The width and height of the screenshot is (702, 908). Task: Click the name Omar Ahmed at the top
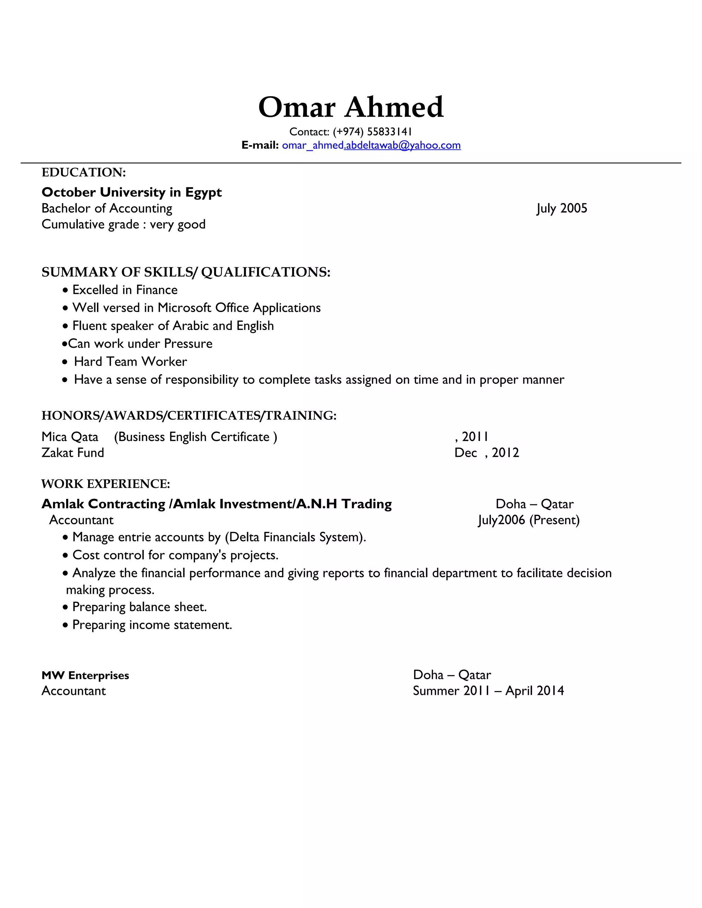[x=351, y=107]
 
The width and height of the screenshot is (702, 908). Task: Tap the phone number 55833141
[x=389, y=132]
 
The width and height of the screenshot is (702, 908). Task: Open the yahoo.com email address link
[x=371, y=145]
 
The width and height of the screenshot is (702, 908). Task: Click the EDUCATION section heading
[x=84, y=172]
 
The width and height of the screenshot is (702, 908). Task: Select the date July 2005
[x=561, y=208]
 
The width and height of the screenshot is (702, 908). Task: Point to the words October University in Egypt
[x=131, y=192]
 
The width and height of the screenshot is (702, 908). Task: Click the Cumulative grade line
[x=123, y=224]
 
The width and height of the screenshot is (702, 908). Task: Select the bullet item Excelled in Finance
[x=125, y=290]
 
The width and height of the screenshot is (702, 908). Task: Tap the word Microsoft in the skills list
[x=184, y=308]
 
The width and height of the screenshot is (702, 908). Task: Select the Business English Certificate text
[x=195, y=437]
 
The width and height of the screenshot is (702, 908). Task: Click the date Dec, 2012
[x=487, y=453]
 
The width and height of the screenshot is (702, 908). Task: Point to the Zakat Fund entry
[x=73, y=453]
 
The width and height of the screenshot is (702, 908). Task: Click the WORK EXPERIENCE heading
[x=106, y=483]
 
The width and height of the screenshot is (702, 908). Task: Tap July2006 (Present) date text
[x=529, y=520]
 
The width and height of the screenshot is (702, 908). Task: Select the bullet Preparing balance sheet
[x=139, y=607]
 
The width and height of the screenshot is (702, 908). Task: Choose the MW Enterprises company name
[x=85, y=675]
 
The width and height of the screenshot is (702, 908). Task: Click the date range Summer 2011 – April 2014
[x=488, y=691]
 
